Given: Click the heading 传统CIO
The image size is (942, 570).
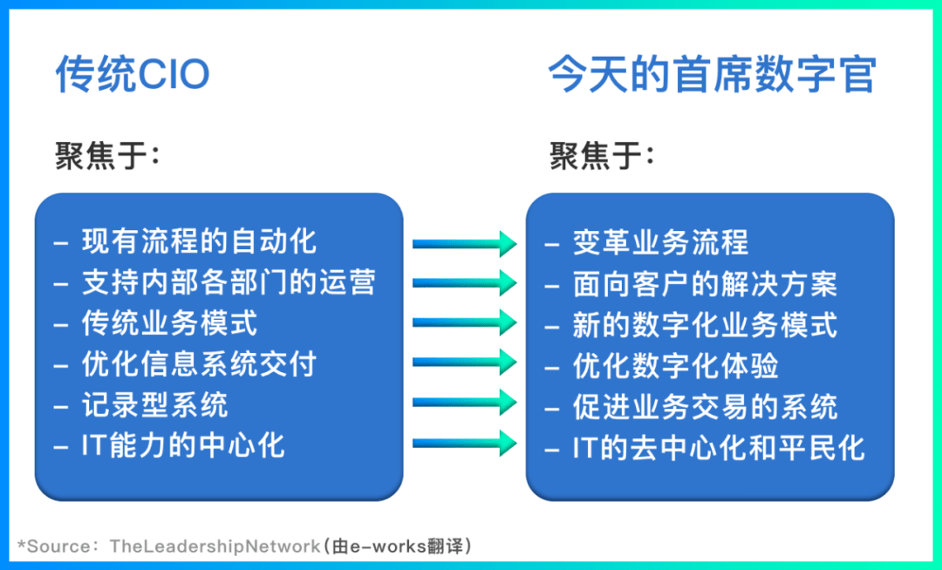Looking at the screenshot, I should [133, 75].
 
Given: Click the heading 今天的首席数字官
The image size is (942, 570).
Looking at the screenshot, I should [712, 75].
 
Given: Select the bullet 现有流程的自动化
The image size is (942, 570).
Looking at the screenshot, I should [199, 241].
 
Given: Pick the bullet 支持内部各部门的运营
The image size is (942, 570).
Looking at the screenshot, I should [229, 282].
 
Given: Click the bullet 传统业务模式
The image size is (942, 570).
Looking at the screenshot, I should [169, 322].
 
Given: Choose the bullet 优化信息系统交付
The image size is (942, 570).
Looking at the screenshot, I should [199, 363].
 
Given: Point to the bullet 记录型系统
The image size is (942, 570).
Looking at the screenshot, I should [154, 404].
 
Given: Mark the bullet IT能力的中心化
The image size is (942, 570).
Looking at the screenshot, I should [183, 445].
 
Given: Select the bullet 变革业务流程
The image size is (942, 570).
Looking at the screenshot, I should [660, 242].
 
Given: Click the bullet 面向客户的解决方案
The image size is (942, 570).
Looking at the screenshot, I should [705, 283].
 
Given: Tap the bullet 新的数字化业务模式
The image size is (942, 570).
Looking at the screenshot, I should [705, 324].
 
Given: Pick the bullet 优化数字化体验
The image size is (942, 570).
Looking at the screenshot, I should [675, 365].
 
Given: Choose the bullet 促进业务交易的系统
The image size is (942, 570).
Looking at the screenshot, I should [705, 406].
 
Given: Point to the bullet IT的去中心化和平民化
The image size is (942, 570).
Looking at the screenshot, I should [719, 447].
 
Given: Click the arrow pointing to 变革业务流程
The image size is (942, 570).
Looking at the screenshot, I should [464, 242].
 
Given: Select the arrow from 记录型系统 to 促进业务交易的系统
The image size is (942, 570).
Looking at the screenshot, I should [464, 402].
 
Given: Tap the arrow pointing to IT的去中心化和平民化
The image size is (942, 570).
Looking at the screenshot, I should [464, 442].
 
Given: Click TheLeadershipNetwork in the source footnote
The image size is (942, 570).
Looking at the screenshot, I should [215, 546].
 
